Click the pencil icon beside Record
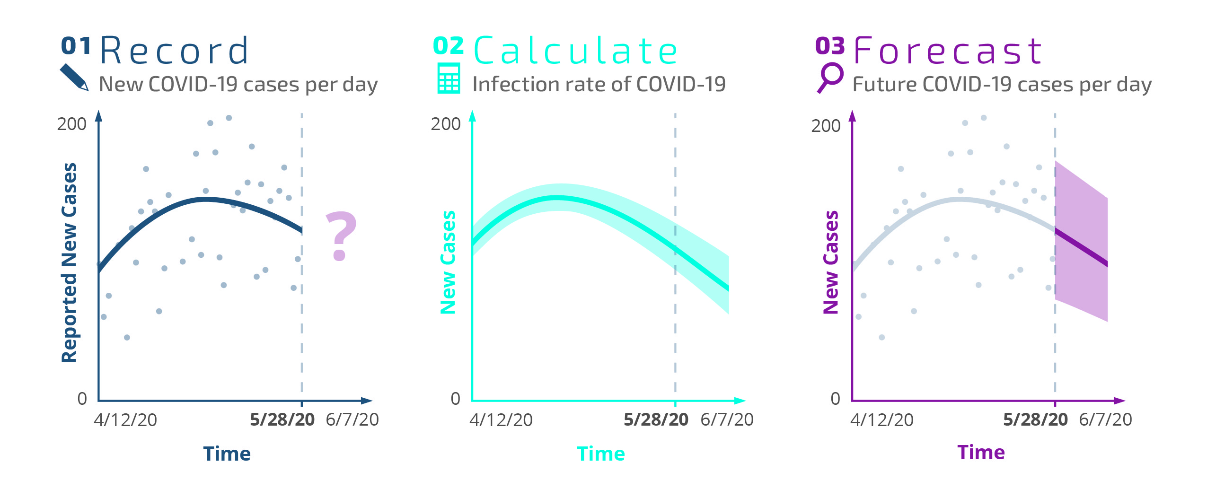click(74, 77)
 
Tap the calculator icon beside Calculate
click(449, 79)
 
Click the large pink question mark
click(341, 236)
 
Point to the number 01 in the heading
click(76, 46)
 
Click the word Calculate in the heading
click(575, 51)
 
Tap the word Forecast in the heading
click(948, 51)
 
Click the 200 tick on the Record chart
click(71, 124)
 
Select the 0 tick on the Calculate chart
click(455, 399)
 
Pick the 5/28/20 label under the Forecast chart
click(1035, 419)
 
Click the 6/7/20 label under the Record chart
click(352, 419)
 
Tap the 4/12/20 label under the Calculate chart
click(501, 420)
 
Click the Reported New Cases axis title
click(70, 262)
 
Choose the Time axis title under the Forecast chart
click(981, 453)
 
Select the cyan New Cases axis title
click(448, 262)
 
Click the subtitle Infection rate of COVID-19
click(599, 85)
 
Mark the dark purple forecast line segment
click(1082, 247)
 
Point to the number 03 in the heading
click(829, 46)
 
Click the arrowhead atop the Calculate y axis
click(472, 115)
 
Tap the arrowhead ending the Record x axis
click(367, 401)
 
